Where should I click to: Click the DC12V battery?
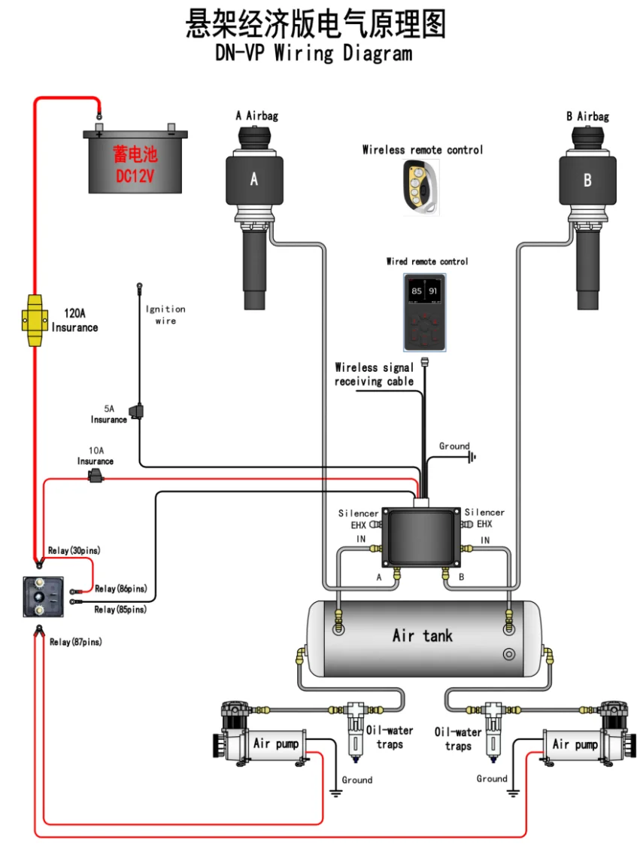pos(135,161)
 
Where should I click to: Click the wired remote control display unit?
pos(424,312)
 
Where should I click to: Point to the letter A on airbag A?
pos(253,179)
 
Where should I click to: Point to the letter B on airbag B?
pos(587,180)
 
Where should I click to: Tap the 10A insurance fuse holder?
pos(96,475)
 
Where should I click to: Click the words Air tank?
pos(423,636)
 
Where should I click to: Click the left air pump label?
pos(275,744)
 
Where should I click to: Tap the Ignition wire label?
pos(165,315)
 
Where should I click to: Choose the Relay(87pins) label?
pos(75,642)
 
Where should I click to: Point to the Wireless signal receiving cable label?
pos(374,374)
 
